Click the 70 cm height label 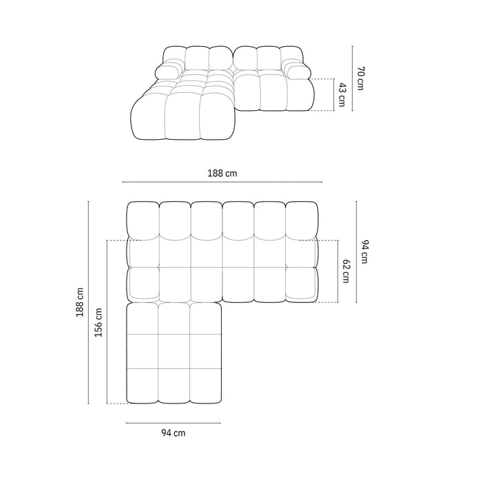[359, 78]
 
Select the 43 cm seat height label [342, 94]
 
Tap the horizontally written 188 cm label [222, 174]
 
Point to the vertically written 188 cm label [81, 302]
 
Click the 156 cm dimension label [98, 322]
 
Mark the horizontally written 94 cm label [173, 433]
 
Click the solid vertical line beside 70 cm [352, 78]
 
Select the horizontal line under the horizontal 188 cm [222, 182]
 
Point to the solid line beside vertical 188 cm [89, 302]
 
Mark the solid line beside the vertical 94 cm [356, 251]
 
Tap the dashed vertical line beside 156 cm [107, 322]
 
